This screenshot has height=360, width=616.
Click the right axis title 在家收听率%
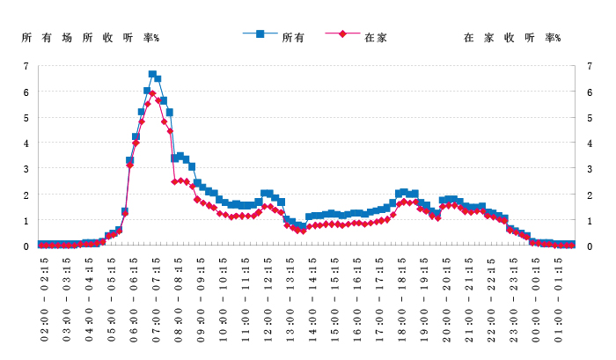(512, 38)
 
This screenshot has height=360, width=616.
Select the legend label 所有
(293, 37)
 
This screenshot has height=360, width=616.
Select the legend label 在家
(376, 37)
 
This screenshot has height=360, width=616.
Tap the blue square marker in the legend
(260, 34)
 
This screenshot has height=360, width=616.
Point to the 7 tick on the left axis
(26, 66)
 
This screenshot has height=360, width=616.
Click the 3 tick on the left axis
(26, 169)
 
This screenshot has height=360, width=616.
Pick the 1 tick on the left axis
(26, 220)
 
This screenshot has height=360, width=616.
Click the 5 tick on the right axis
(589, 117)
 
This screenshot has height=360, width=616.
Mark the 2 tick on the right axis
(589, 195)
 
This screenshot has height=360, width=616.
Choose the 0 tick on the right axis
(589, 246)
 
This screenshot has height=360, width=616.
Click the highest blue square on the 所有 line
(152, 75)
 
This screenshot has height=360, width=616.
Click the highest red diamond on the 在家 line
(152, 93)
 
